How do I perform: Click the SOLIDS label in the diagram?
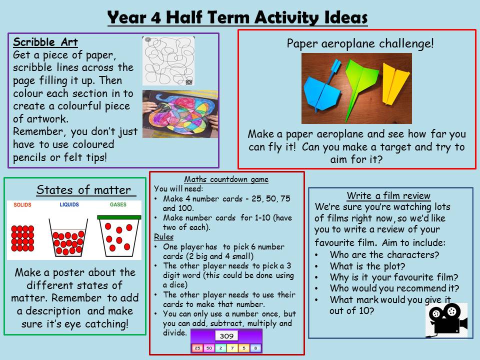tap(22, 205)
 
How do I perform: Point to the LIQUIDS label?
tap(69, 204)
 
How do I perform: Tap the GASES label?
tap(118, 204)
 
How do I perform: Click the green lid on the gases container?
tap(119, 217)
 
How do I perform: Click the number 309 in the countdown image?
tap(226, 336)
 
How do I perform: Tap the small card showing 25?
tap(197, 348)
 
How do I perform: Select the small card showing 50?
tap(209, 348)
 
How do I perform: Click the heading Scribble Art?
tap(45, 42)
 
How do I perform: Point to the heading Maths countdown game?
tap(226, 179)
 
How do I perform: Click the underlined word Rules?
tap(164, 237)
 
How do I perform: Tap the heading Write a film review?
tap(388, 195)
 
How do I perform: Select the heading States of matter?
tap(83, 190)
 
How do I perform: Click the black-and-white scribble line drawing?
tap(168, 61)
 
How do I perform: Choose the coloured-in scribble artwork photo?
tap(180, 113)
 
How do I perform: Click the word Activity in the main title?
tap(286, 17)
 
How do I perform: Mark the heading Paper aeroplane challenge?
tap(360, 43)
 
